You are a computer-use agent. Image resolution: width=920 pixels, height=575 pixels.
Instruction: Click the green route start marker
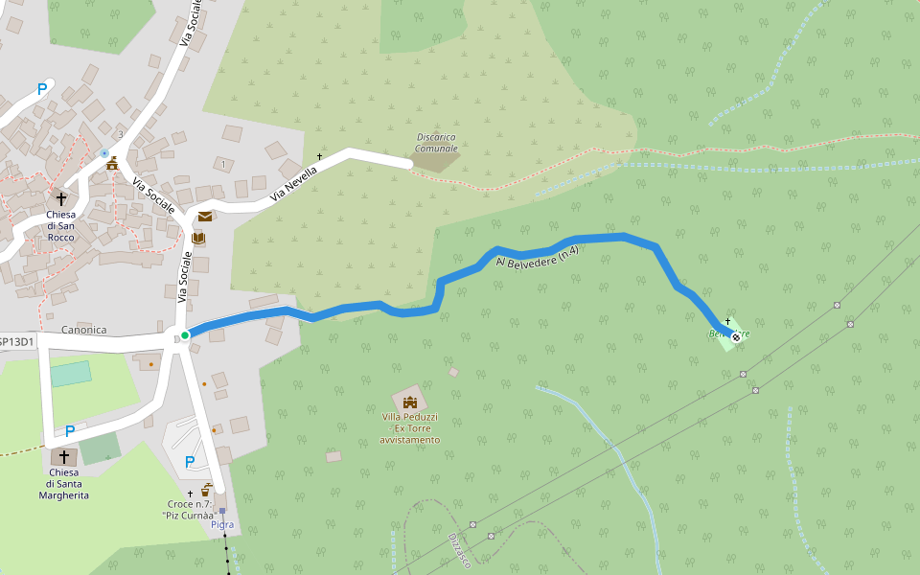coord(184,334)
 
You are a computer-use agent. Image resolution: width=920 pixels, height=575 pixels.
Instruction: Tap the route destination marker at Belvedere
coord(735,336)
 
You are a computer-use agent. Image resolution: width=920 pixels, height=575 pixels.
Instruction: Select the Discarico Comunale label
coord(437,143)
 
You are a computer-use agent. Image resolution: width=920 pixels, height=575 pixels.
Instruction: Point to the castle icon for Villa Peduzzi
coord(410,402)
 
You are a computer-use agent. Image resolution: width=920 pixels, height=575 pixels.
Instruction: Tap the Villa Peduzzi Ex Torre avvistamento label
coord(410,428)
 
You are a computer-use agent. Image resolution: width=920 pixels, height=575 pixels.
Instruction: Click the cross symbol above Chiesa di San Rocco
coord(61,198)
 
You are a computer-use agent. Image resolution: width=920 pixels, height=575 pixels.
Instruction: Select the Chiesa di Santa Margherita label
coord(64,484)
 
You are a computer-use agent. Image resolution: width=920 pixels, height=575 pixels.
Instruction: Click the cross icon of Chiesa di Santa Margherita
coord(65,457)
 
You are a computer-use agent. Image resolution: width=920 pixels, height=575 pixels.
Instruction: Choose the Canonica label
coord(83,330)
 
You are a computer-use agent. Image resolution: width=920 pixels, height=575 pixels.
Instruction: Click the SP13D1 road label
coord(16,341)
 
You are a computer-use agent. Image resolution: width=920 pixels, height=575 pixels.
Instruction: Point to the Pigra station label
coord(222,524)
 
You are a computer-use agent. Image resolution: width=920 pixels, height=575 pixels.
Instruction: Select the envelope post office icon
coord(205,217)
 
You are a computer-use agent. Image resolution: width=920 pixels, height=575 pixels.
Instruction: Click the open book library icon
coord(197,237)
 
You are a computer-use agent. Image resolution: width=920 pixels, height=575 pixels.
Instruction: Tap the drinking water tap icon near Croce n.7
coord(206,489)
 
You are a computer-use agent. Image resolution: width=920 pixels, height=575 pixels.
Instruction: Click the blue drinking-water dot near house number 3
coord(104,152)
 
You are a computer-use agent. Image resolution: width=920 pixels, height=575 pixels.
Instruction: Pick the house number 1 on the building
coord(223,164)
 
